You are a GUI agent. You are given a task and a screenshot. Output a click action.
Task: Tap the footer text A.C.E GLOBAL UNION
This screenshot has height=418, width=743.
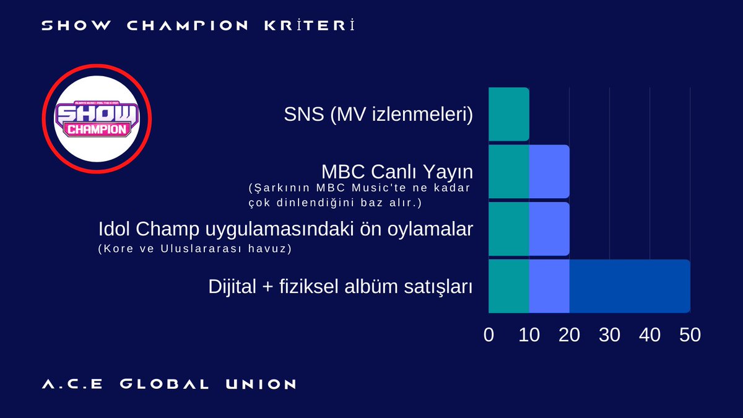pyautogui.click(x=169, y=385)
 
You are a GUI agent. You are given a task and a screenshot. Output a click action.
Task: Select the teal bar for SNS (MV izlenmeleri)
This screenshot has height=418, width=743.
pyautogui.click(x=508, y=115)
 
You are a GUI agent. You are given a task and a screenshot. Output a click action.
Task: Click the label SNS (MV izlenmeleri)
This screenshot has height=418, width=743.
pyautogui.click(x=378, y=115)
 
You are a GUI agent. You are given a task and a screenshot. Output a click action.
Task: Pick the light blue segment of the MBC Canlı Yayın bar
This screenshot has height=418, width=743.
pyautogui.click(x=549, y=172)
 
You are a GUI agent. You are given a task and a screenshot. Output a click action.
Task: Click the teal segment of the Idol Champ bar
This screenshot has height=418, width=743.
pyautogui.click(x=508, y=229)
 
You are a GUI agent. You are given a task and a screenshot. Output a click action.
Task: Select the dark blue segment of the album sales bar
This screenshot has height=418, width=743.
pyautogui.click(x=629, y=286)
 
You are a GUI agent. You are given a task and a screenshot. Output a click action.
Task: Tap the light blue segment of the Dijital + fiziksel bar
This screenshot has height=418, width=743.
pyautogui.click(x=549, y=286)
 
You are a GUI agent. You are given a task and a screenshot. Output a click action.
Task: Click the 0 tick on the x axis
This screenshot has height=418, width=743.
pyautogui.click(x=489, y=335)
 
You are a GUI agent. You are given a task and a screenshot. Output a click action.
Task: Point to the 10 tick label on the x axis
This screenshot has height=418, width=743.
pyautogui.click(x=529, y=335)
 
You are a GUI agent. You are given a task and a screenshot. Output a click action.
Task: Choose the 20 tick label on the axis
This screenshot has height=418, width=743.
pyautogui.click(x=569, y=335)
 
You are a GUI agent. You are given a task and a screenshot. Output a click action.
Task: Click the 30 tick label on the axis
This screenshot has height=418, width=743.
pyautogui.click(x=609, y=335)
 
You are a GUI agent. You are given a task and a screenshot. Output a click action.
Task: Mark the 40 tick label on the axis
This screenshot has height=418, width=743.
pyautogui.click(x=650, y=335)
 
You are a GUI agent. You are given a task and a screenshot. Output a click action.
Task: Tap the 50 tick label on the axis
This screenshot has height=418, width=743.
pyautogui.click(x=690, y=335)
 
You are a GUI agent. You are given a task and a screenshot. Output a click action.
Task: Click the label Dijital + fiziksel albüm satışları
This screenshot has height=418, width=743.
pyautogui.click(x=340, y=287)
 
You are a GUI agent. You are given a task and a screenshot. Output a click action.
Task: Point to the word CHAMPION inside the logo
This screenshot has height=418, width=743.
pyautogui.click(x=97, y=129)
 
